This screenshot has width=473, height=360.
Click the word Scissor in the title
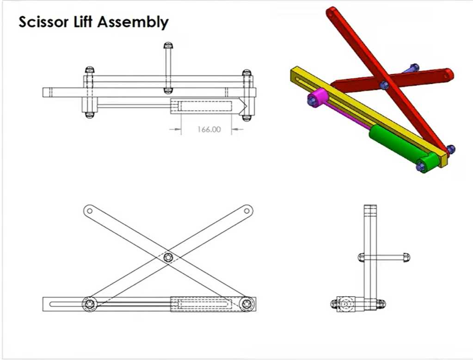click(x=43, y=22)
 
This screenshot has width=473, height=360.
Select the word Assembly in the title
click(x=133, y=23)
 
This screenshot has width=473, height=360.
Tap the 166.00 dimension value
click(x=209, y=129)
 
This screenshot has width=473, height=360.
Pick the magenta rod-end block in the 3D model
click(x=318, y=97)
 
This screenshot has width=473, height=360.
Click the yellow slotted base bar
click(x=368, y=116)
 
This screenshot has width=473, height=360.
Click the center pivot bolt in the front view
click(x=168, y=258)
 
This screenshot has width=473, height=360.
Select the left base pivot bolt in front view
click(x=90, y=304)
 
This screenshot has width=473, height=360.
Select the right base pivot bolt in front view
click(x=248, y=304)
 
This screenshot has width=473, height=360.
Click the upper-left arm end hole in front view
click(x=89, y=211)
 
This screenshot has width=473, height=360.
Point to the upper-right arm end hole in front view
click(x=247, y=211)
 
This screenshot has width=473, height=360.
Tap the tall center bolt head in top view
click(x=168, y=46)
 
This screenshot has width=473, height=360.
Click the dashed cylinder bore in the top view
click(x=206, y=106)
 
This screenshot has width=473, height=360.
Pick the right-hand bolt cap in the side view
click(x=406, y=258)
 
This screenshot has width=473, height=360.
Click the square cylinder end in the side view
click(x=346, y=304)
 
